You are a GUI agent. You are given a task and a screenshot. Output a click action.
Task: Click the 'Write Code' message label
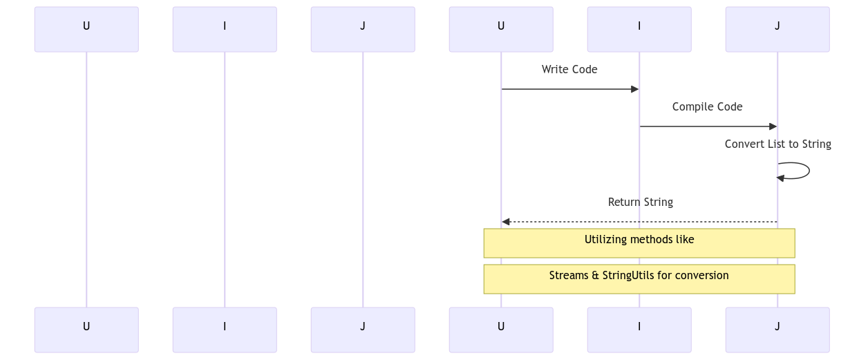569,69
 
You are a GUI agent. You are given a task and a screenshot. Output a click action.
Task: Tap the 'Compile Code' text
707,106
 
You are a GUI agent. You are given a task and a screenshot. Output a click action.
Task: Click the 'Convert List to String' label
777,144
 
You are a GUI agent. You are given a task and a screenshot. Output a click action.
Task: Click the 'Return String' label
640,202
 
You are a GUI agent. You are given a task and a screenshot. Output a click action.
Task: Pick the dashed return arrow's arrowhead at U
506,222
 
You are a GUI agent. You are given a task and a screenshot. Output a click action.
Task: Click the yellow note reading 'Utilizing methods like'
639,243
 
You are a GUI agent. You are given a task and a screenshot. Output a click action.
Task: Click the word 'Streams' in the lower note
569,275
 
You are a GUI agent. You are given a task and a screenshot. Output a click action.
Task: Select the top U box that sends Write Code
501,29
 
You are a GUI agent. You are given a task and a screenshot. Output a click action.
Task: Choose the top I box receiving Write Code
639,29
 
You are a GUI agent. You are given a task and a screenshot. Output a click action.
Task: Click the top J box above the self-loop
777,29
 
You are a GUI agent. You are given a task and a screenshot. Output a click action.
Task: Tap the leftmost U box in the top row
86,29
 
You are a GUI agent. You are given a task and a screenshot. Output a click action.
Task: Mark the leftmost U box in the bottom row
86,330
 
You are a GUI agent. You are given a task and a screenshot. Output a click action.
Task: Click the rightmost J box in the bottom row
777,330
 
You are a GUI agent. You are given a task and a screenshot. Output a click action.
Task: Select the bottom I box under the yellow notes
639,330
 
